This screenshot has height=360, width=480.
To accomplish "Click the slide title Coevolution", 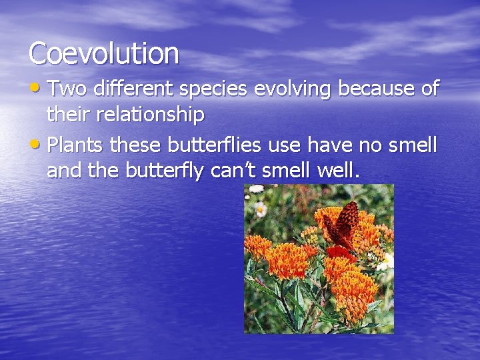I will click(x=104, y=53).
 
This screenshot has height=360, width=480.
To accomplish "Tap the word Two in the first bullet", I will click(x=67, y=90).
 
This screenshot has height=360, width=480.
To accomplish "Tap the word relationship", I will click(x=150, y=115).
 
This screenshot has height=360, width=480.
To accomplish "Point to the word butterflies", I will click(x=214, y=145).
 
